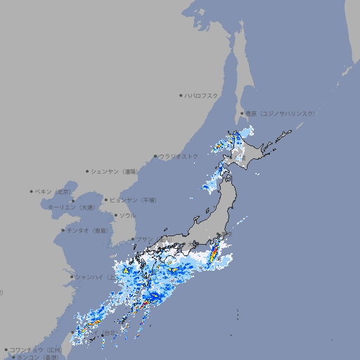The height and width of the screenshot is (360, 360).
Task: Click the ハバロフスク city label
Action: [201, 96]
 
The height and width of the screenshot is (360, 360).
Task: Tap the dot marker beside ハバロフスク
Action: [181, 96]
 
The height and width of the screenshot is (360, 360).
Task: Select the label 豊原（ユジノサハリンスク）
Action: [281, 113]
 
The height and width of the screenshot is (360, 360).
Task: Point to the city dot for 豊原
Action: [243, 113]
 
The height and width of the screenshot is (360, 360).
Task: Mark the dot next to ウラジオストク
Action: [155, 156]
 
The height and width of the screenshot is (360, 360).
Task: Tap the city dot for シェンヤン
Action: [88, 171]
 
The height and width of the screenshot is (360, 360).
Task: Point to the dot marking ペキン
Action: [32, 191]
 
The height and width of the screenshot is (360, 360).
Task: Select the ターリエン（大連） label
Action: [71, 207]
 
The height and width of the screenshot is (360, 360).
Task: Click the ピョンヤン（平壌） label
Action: [134, 200]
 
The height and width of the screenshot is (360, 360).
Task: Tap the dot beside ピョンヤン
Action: [106, 200]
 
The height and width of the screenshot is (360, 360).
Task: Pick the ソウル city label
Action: [127, 215]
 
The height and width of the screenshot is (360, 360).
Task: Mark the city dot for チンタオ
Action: [63, 230]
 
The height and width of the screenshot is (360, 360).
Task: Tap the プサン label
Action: [143, 240]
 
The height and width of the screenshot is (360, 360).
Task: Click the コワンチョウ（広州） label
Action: [36, 349]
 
